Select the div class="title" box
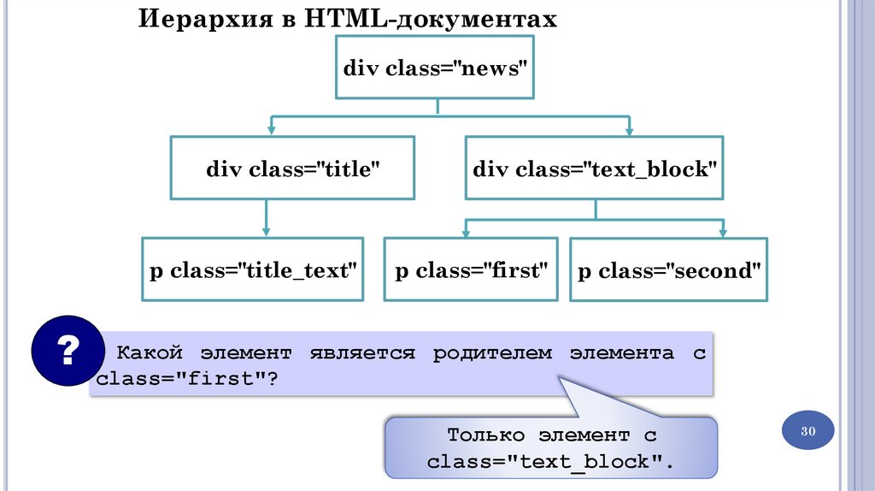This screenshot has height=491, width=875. (292, 169)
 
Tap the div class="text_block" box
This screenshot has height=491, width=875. (595, 169)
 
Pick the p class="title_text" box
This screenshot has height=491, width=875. (252, 270)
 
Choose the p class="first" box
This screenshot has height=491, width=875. (471, 270)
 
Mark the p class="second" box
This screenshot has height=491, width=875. (669, 270)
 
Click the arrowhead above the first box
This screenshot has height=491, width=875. (466, 232)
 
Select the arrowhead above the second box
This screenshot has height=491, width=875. (723, 232)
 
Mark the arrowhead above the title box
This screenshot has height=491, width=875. (271, 130)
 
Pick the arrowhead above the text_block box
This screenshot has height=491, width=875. (630, 130)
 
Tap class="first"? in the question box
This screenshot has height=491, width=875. (187, 378)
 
